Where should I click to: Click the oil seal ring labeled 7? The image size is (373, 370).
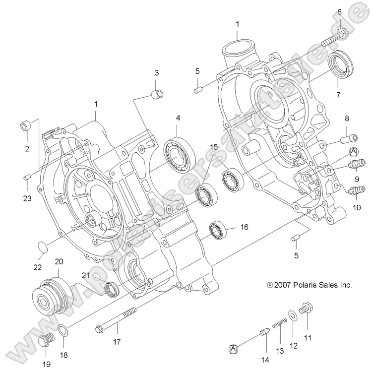342,64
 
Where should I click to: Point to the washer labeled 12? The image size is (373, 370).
293,316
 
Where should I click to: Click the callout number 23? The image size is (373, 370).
26,198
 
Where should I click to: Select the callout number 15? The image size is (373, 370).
213,147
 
